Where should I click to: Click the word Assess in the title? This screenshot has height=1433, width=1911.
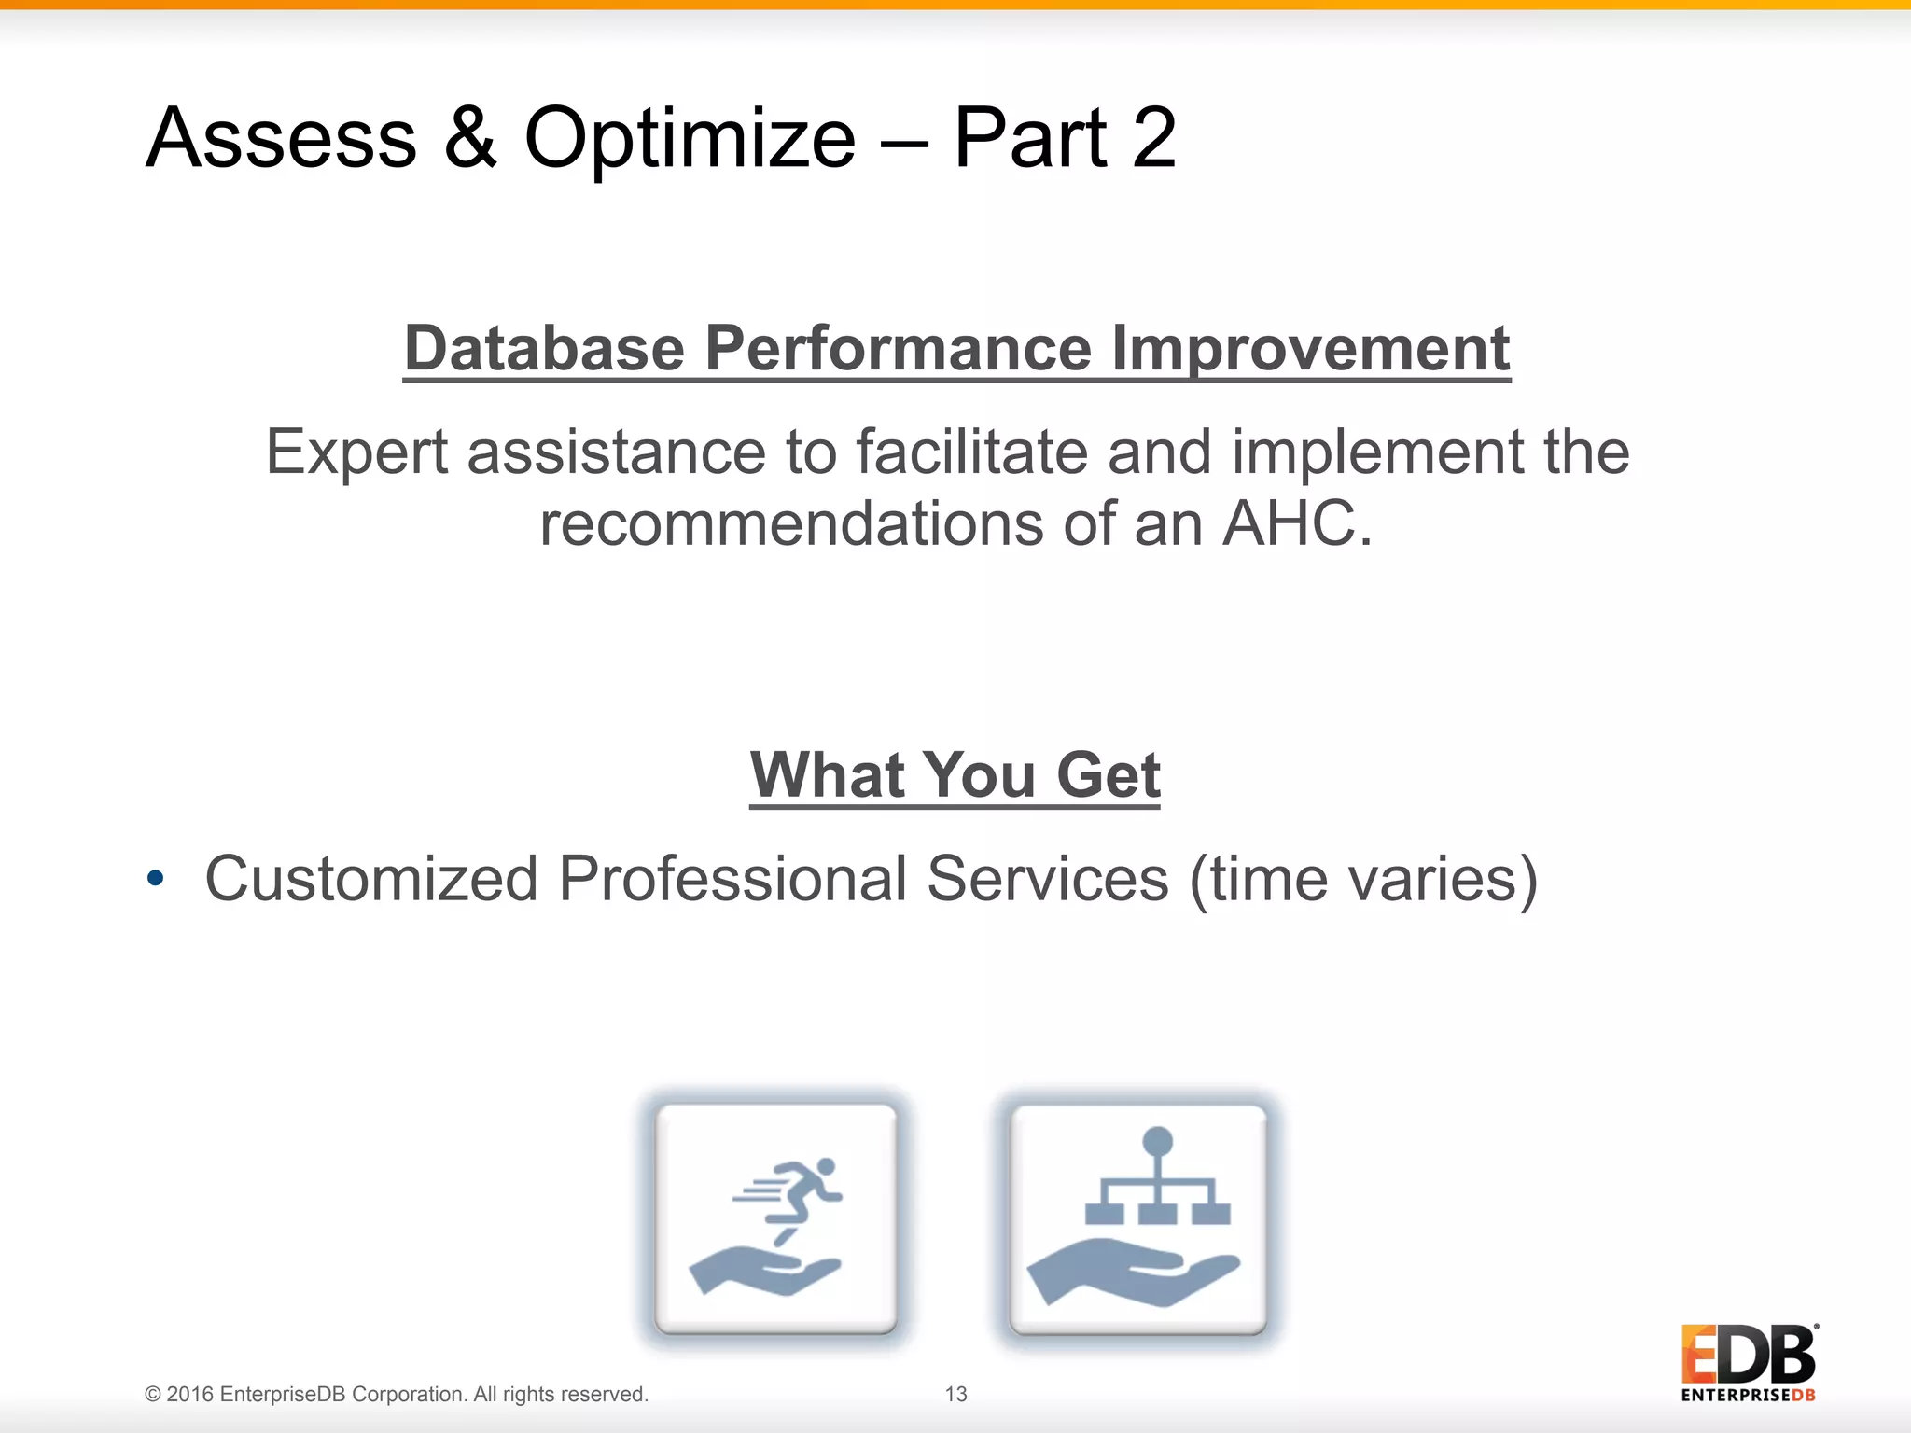pyautogui.click(x=281, y=138)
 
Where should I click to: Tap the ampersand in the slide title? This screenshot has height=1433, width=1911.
pyautogui.click(x=470, y=138)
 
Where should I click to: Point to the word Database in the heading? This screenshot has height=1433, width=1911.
pyautogui.click(x=544, y=349)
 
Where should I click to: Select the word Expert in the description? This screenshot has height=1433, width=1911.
pyautogui.click(x=357, y=453)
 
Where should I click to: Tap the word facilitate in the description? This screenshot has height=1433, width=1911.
pyautogui.click(x=971, y=452)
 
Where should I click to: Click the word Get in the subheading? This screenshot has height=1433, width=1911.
pyautogui.click(x=1108, y=775)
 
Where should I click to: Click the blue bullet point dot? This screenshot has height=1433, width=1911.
pyautogui.click(x=156, y=878)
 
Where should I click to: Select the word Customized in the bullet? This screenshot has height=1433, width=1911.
pyautogui.click(x=371, y=879)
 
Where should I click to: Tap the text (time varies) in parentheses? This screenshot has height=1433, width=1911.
pyautogui.click(x=1363, y=879)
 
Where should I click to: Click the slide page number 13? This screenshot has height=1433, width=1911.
pyautogui.click(x=955, y=1394)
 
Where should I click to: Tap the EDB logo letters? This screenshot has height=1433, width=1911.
pyautogui.click(x=1748, y=1355)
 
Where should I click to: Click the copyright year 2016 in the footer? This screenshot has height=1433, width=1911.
pyautogui.click(x=190, y=1394)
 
